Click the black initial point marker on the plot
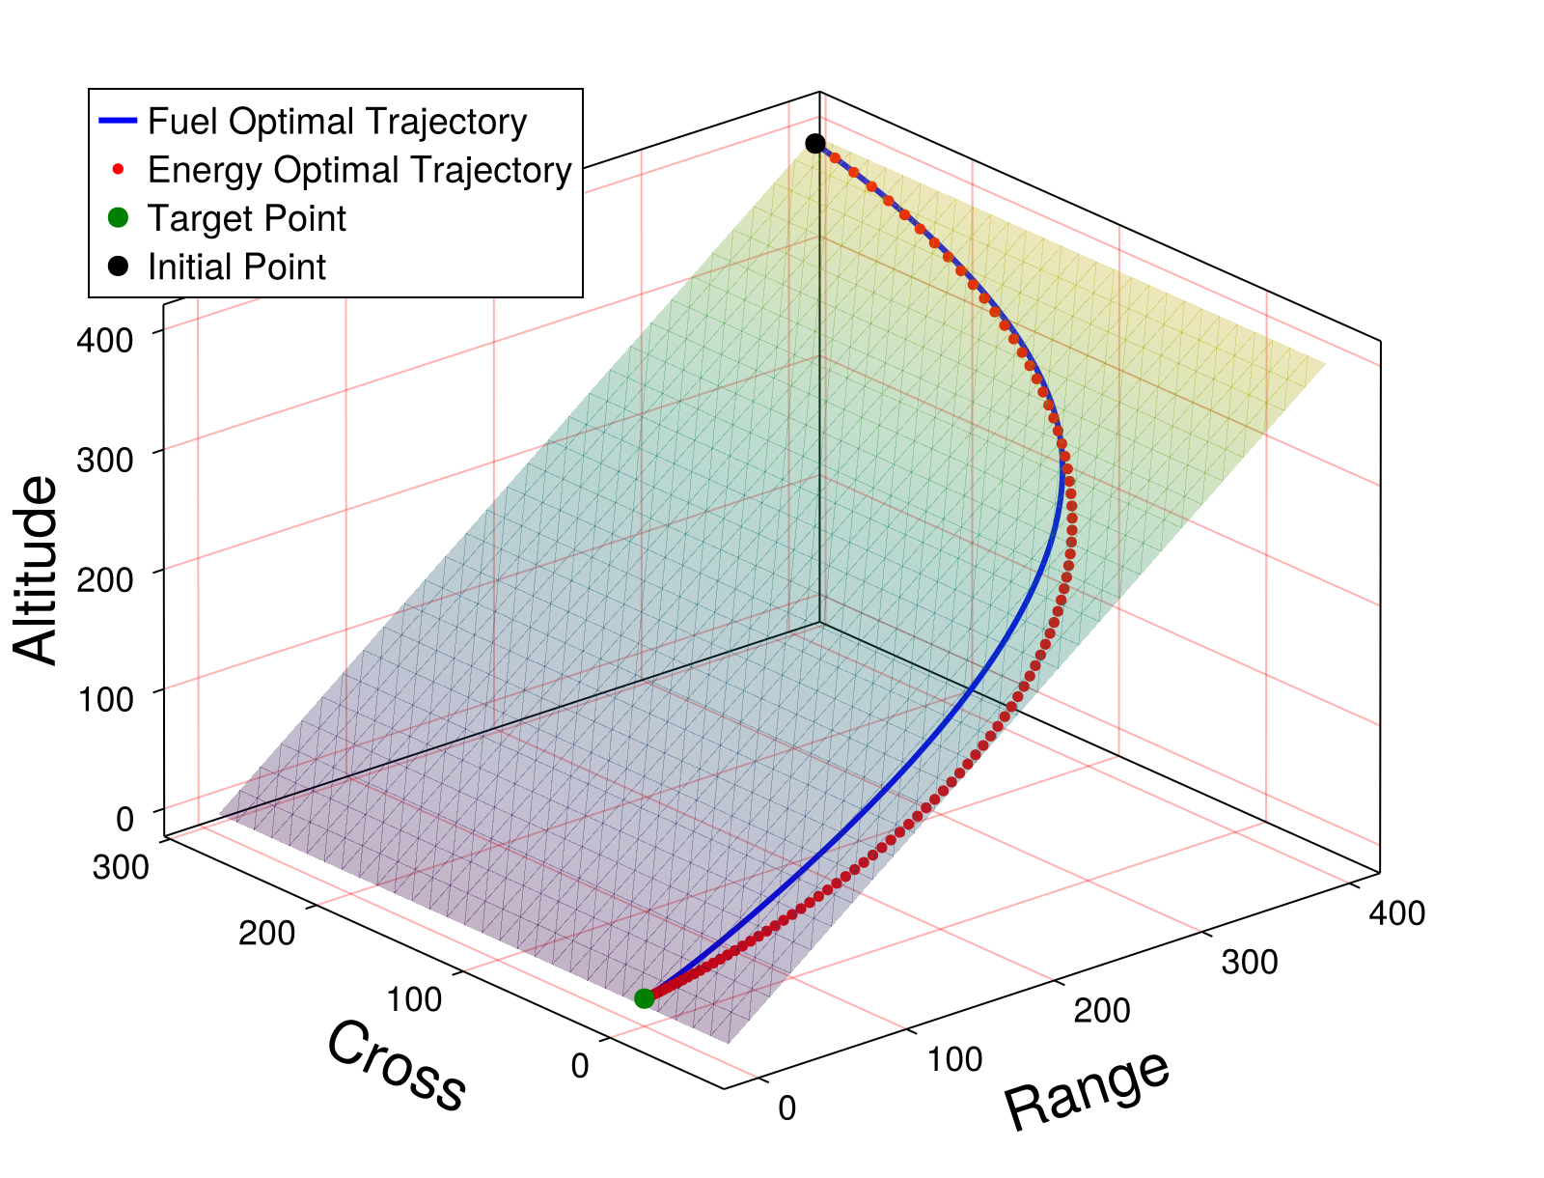click(815, 144)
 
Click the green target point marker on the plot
click(644, 998)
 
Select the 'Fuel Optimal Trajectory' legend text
click(337, 122)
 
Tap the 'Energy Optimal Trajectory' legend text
click(359, 170)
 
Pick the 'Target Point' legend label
click(246, 218)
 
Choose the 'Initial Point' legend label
click(236, 266)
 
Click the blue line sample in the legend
click(119, 122)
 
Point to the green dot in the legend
click(118, 218)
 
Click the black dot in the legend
click(118, 266)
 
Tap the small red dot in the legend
click(118, 170)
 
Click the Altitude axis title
click(37, 570)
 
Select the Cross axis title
click(396, 1066)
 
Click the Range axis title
click(1088, 1090)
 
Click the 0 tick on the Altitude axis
click(124, 819)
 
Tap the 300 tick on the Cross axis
click(121, 867)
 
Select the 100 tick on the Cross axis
click(415, 999)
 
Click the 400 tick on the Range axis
click(1396, 913)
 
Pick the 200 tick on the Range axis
click(1102, 1010)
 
